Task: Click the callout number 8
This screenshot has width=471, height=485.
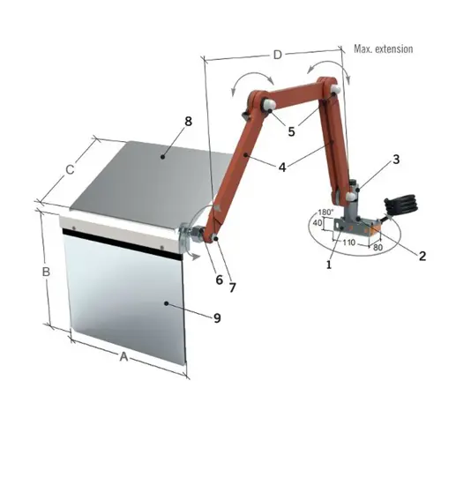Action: tap(188, 122)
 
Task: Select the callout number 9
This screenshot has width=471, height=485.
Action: tap(217, 318)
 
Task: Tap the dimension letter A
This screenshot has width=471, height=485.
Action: tap(123, 356)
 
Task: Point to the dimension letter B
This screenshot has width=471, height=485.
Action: tap(46, 272)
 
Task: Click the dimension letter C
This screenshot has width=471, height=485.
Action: tap(71, 170)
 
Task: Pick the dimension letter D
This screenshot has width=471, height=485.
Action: tap(278, 55)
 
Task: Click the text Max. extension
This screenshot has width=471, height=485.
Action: tap(384, 48)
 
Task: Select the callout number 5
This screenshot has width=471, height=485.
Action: tap(292, 131)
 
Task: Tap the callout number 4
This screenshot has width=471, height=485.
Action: tap(282, 168)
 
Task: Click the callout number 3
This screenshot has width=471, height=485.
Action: tap(396, 160)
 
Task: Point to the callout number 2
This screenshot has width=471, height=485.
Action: tap(422, 256)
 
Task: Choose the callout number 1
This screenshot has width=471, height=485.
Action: tap(329, 265)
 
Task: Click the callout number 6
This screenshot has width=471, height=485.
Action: tap(219, 280)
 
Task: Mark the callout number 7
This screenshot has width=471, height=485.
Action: tap(232, 288)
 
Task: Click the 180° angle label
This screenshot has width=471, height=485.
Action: tap(325, 213)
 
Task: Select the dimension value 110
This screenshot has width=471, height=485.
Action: tap(348, 242)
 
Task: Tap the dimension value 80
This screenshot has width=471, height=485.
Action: tap(378, 248)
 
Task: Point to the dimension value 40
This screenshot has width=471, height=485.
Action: tap(318, 223)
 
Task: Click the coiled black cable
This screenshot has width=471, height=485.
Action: tap(400, 205)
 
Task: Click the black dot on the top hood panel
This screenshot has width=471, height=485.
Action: tap(163, 157)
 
